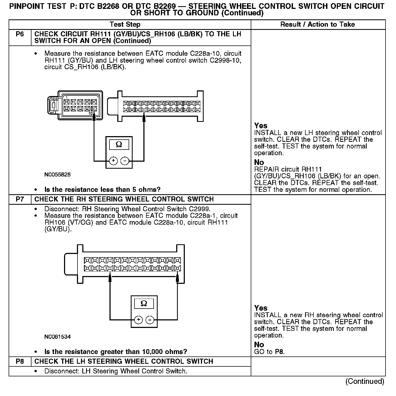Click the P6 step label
click(20, 34)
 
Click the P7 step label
click(20, 199)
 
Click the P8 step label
click(20, 361)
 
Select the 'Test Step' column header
click(125, 24)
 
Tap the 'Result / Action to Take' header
click(317, 24)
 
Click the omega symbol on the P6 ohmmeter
click(119, 145)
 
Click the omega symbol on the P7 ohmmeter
click(144, 304)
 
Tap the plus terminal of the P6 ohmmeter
click(113, 161)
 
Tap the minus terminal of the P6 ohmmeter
click(125, 161)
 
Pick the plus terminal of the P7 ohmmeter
click(138, 320)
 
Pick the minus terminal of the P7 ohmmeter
click(150, 320)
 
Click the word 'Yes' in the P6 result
click(261, 126)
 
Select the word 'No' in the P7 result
click(259, 345)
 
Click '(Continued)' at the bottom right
click(365, 381)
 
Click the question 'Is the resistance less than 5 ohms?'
click(102, 190)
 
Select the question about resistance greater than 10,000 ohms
click(116, 352)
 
